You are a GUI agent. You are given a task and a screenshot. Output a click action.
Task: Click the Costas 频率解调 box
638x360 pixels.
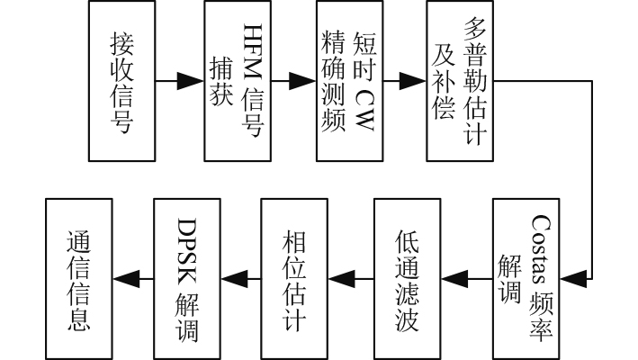[526, 278]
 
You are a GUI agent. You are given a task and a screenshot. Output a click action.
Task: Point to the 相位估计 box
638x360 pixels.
[295, 278]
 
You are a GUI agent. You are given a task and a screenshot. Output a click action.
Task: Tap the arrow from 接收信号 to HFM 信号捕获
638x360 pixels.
[180, 80]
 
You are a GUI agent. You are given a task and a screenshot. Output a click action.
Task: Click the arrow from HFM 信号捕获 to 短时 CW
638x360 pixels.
[292, 80]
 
